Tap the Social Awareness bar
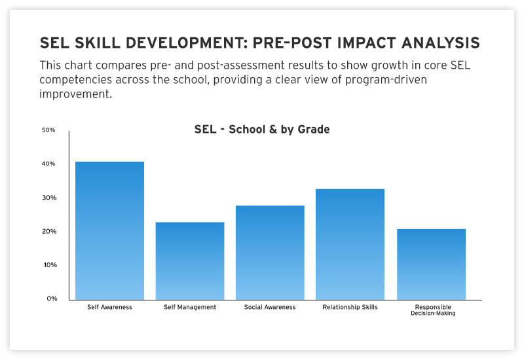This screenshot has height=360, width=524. click(270, 253)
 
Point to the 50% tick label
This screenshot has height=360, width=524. click(48, 130)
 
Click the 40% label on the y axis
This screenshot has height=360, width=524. click(48, 164)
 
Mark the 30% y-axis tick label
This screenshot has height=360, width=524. click(48, 198)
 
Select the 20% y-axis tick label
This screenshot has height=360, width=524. click(48, 232)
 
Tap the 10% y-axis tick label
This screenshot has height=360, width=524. click(48, 265)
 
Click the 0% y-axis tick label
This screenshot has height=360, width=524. click(50, 298)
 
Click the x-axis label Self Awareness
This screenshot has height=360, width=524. click(109, 307)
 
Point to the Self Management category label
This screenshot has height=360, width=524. click(190, 307)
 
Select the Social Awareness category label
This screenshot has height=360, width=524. click(270, 307)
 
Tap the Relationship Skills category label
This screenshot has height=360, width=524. click(350, 307)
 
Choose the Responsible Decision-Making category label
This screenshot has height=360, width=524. click(432, 310)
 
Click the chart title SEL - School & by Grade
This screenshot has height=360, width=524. click(262, 130)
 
